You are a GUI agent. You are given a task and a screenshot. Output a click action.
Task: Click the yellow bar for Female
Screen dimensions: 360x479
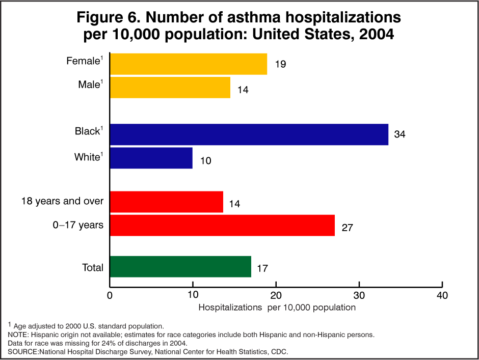(x=189, y=64)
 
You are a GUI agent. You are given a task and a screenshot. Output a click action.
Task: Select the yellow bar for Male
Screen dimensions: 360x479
(x=170, y=87)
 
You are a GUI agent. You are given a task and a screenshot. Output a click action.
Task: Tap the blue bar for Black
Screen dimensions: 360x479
(x=249, y=134)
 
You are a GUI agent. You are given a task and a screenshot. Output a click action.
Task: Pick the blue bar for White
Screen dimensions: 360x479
(x=151, y=158)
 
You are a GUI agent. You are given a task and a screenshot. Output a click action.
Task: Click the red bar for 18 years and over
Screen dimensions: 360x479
(x=167, y=202)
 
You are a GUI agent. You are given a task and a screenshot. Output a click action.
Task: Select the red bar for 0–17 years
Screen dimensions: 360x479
(x=222, y=225)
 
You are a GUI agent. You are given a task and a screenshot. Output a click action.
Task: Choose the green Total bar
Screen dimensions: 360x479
(x=180, y=267)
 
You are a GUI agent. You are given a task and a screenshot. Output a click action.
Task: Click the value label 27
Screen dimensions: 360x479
(x=347, y=228)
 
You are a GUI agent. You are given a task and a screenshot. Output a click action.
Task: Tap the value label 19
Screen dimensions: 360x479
(x=280, y=64)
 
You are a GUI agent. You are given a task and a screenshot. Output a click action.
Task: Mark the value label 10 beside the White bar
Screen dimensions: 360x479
(x=205, y=161)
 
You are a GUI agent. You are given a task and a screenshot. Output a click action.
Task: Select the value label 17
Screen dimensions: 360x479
(x=262, y=268)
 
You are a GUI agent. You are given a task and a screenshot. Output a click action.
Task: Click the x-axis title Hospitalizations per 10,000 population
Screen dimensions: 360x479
(x=277, y=308)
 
